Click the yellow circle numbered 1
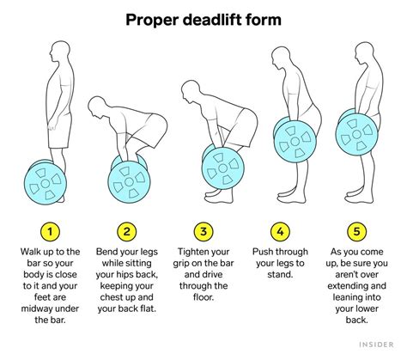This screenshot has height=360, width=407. (50, 231)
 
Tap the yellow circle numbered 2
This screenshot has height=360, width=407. (126, 231)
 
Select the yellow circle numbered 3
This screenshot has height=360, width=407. (203, 231)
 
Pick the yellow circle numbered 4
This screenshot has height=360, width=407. (280, 231)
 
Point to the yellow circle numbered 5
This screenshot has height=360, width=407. (356, 231)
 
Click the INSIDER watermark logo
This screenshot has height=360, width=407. (376, 345)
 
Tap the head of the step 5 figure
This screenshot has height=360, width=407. (366, 53)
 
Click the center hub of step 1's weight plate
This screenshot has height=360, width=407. (46, 184)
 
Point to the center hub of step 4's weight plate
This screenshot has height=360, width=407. (295, 141)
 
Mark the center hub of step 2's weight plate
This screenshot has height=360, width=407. (129, 181)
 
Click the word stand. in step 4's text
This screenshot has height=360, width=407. (280, 274)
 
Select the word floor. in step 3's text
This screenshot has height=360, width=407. (203, 297)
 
